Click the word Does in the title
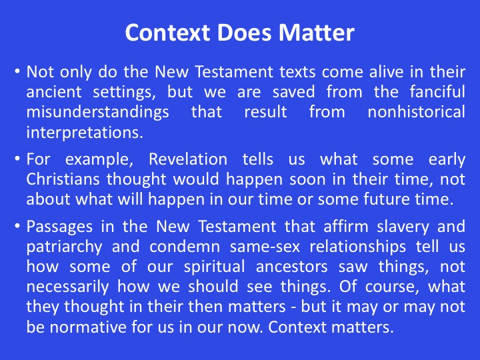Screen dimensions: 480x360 pos(244,33)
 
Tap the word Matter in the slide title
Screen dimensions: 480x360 pos(316,33)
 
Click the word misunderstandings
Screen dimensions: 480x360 pos(97,112)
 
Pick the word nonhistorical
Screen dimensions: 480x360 pos(416,112)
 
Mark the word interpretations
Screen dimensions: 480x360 pos(85,132)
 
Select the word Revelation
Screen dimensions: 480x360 pos(188,159)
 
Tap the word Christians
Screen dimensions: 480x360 pos(63,179)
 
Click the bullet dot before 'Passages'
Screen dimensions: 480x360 pos(17,227)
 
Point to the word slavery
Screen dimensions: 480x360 pos(403,227)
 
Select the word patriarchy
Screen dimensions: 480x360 pos(64,247)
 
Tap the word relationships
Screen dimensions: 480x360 pos(357,247)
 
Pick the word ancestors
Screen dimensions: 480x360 pos(292,267)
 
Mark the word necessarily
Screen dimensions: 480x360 pos(67,287)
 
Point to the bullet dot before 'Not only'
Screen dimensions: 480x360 pos(17,71)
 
